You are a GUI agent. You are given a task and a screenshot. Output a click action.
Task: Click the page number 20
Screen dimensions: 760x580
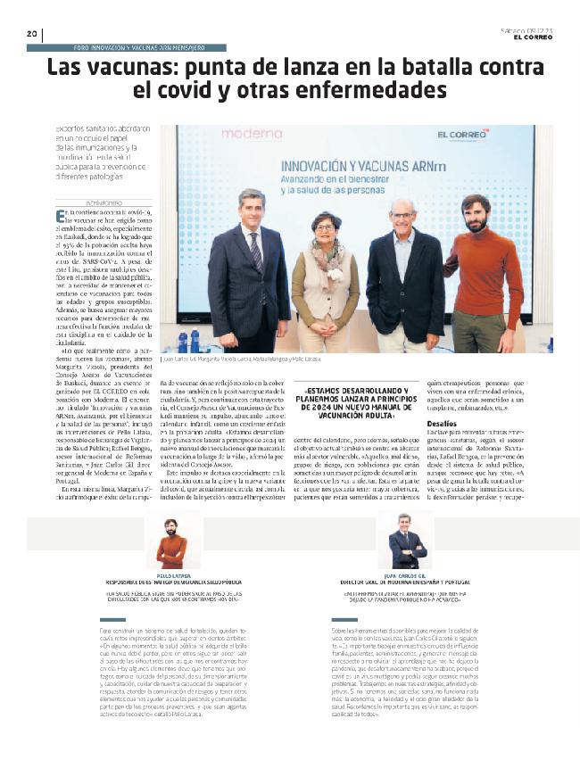(x=31, y=35)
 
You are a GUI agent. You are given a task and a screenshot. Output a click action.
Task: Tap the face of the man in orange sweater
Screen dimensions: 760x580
(x=476, y=215)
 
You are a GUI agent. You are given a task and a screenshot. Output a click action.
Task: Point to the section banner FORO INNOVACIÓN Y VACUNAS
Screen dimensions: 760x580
(x=137, y=47)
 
